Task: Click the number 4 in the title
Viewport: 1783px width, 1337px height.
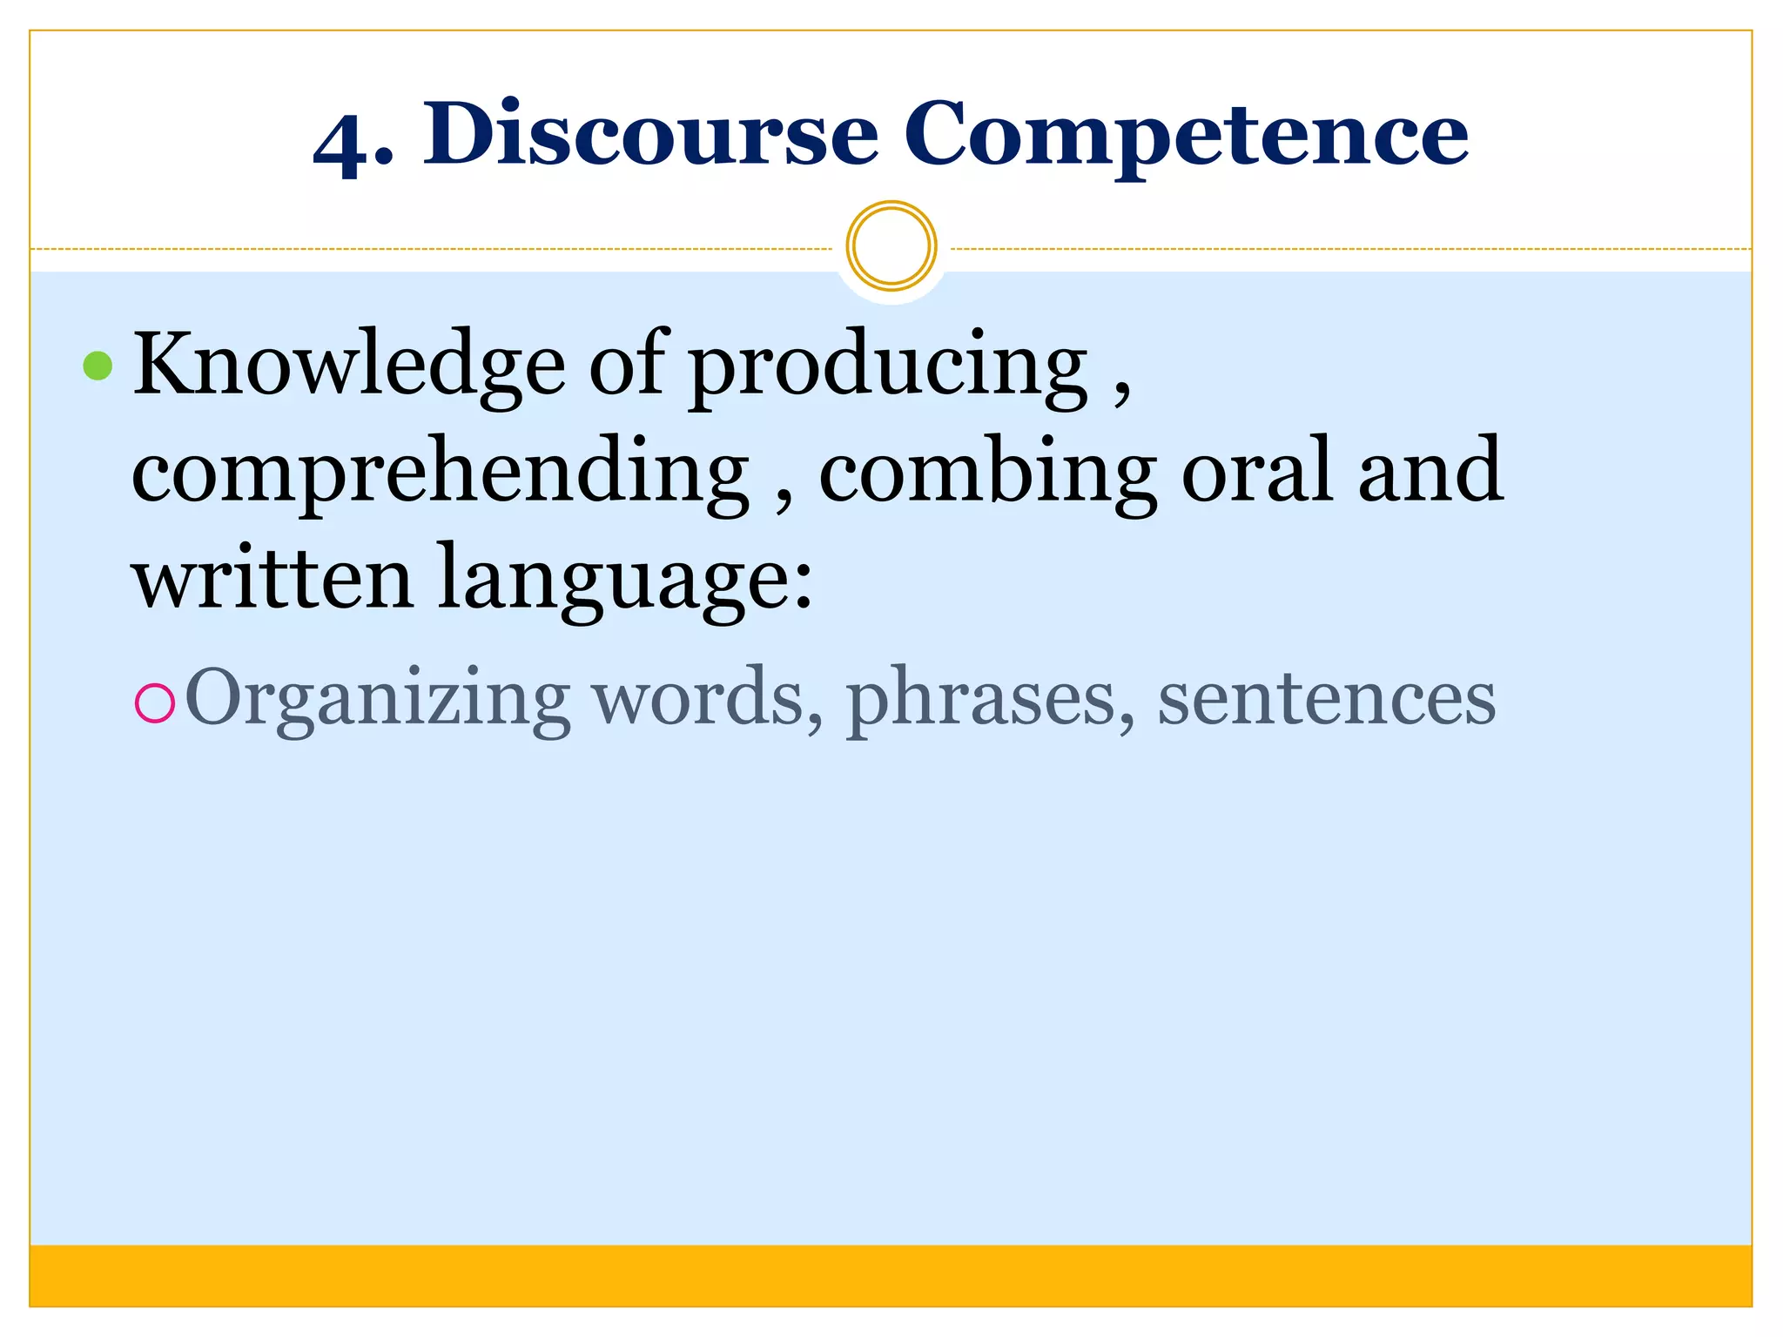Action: point(342,144)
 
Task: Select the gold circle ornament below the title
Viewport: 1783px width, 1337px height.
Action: point(891,246)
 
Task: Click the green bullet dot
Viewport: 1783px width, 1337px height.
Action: point(98,366)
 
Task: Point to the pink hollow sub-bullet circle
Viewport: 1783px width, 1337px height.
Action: point(155,703)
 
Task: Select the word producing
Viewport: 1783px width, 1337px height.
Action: point(889,370)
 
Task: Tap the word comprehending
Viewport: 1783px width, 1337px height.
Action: point(440,474)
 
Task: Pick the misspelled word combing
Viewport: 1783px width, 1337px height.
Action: point(987,474)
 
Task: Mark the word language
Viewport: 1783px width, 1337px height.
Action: point(614,581)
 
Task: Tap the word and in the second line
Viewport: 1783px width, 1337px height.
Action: point(1430,470)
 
